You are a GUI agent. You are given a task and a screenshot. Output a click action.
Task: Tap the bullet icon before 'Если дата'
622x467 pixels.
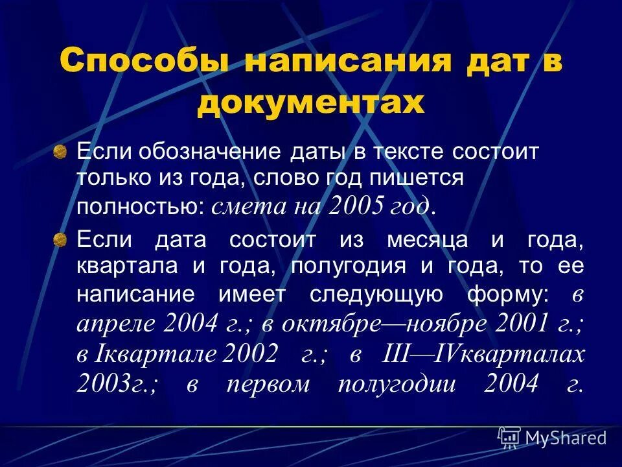(60, 241)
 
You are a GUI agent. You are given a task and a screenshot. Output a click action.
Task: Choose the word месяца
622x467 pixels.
(428, 241)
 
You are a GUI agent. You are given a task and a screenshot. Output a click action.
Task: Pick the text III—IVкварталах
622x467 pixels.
(485, 354)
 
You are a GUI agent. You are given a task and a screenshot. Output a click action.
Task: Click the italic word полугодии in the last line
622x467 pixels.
(399, 384)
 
